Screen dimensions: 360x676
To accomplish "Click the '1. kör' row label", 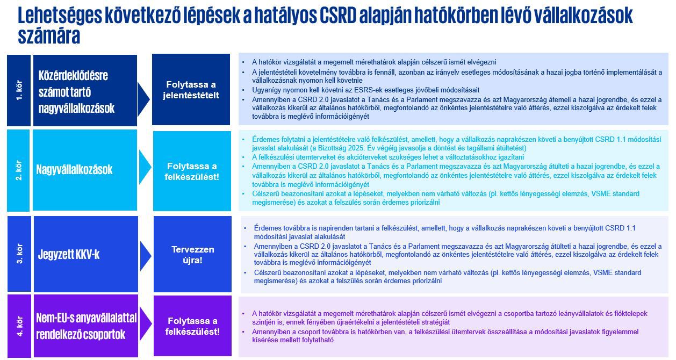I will click(19, 90).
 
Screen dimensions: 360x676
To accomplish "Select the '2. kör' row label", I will click(19, 170).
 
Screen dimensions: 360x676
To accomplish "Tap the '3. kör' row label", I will click(20, 254).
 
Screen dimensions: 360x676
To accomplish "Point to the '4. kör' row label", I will click(19, 326).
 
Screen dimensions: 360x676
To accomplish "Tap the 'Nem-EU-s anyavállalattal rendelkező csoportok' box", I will click(86, 326).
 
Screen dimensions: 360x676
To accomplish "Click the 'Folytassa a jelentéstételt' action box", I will click(191, 90).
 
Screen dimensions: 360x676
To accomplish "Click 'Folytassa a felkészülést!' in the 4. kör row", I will click(192, 326).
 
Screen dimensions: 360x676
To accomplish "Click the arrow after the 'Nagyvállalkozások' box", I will click(145, 170).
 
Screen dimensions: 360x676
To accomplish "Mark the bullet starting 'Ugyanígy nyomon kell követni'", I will click(365, 90).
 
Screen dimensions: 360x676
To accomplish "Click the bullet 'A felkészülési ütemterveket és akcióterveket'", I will click(387, 157).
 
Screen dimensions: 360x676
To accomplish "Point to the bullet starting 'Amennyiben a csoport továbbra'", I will click(441, 336).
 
